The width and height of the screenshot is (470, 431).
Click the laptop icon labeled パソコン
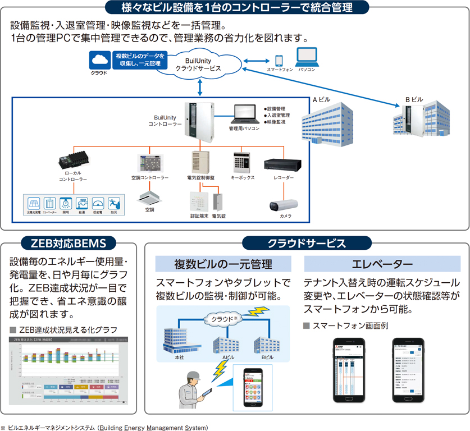tap(307, 57)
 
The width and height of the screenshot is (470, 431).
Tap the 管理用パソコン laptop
tap(244, 115)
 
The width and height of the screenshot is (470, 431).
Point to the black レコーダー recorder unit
tap(283, 164)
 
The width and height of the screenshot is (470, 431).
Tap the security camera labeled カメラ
tap(284, 205)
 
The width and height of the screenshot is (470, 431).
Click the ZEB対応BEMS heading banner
tap(68, 243)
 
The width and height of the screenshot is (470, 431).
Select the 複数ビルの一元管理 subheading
tap(223, 264)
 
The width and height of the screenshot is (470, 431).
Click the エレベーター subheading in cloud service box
tap(382, 264)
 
